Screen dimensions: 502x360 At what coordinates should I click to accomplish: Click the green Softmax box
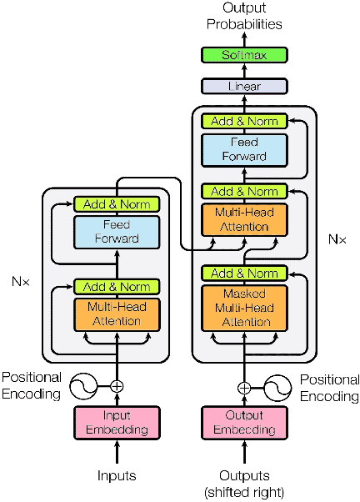click(x=244, y=55)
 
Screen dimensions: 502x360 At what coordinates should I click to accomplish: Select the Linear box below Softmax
click(x=244, y=86)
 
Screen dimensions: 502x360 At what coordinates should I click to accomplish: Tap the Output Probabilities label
click(x=244, y=17)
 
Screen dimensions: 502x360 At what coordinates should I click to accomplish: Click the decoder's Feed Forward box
click(x=244, y=149)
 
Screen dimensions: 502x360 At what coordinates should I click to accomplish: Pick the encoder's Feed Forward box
click(x=116, y=232)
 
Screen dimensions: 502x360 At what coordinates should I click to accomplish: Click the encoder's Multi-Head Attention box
click(x=116, y=314)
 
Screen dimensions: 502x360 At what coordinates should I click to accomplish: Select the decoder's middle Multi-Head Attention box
click(x=244, y=219)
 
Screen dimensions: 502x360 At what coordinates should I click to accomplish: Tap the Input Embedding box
click(x=116, y=423)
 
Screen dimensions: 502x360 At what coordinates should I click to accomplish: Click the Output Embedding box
click(x=244, y=423)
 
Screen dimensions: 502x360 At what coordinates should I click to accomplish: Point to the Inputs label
click(x=116, y=476)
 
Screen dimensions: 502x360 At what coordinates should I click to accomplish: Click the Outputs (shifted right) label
click(x=244, y=484)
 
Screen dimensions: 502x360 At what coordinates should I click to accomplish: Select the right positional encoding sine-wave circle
click(x=277, y=387)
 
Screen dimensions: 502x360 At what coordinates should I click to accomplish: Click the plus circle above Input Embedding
click(x=117, y=385)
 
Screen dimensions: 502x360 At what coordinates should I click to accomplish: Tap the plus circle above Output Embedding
click(x=244, y=387)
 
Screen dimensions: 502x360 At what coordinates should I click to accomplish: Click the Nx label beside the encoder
click(x=22, y=281)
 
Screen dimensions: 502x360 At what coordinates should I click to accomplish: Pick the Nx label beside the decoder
click(x=337, y=238)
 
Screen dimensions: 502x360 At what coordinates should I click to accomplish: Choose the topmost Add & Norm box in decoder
click(x=244, y=121)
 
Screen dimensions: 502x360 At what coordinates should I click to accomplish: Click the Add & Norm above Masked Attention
click(x=244, y=273)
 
